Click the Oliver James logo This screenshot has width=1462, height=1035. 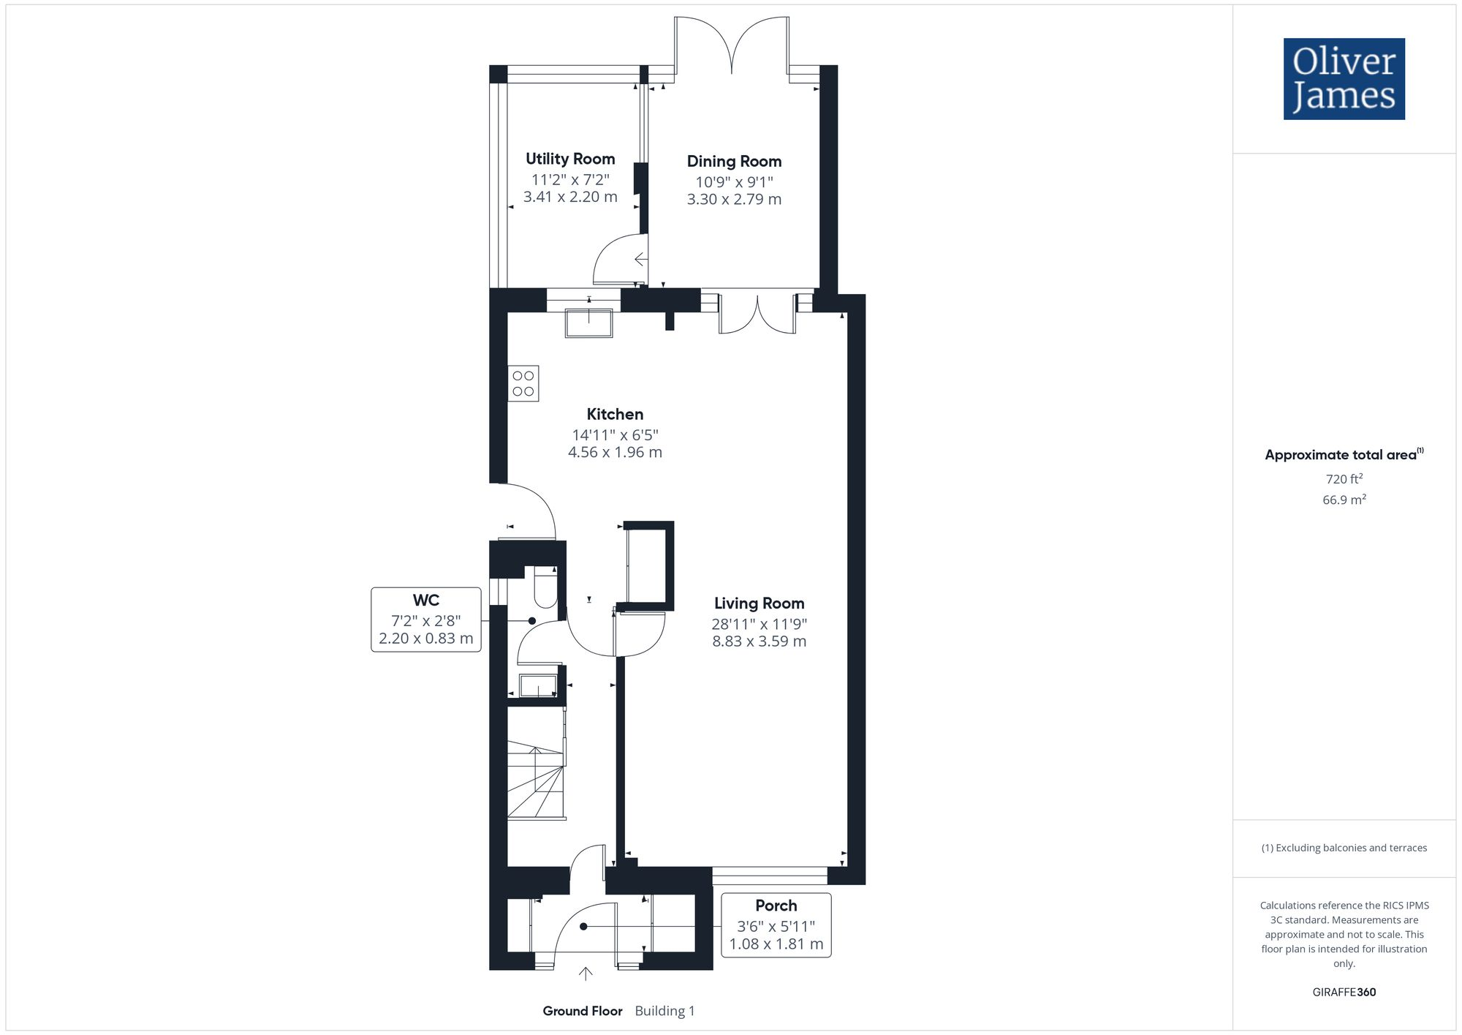click(1344, 79)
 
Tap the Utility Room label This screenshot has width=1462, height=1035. click(570, 159)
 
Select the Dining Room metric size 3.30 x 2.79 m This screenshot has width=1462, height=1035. click(734, 199)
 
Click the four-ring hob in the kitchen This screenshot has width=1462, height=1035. click(523, 383)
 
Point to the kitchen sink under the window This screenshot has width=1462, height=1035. click(588, 323)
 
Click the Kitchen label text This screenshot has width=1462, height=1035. click(615, 414)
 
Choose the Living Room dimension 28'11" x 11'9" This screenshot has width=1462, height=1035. click(759, 624)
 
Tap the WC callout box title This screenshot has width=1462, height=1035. click(425, 601)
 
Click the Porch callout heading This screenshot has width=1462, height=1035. click(776, 906)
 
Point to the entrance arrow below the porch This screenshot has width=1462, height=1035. click(586, 974)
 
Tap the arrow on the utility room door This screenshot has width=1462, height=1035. click(640, 259)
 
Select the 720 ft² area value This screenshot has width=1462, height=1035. click(1344, 479)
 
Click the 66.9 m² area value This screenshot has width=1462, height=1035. click(1344, 500)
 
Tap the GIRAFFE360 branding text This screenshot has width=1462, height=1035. click(1344, 992)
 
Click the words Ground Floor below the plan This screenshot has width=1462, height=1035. click(582, 1011)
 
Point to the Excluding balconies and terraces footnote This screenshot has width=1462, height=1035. click(1344, 848)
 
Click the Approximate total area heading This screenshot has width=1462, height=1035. click(1342, 455)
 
